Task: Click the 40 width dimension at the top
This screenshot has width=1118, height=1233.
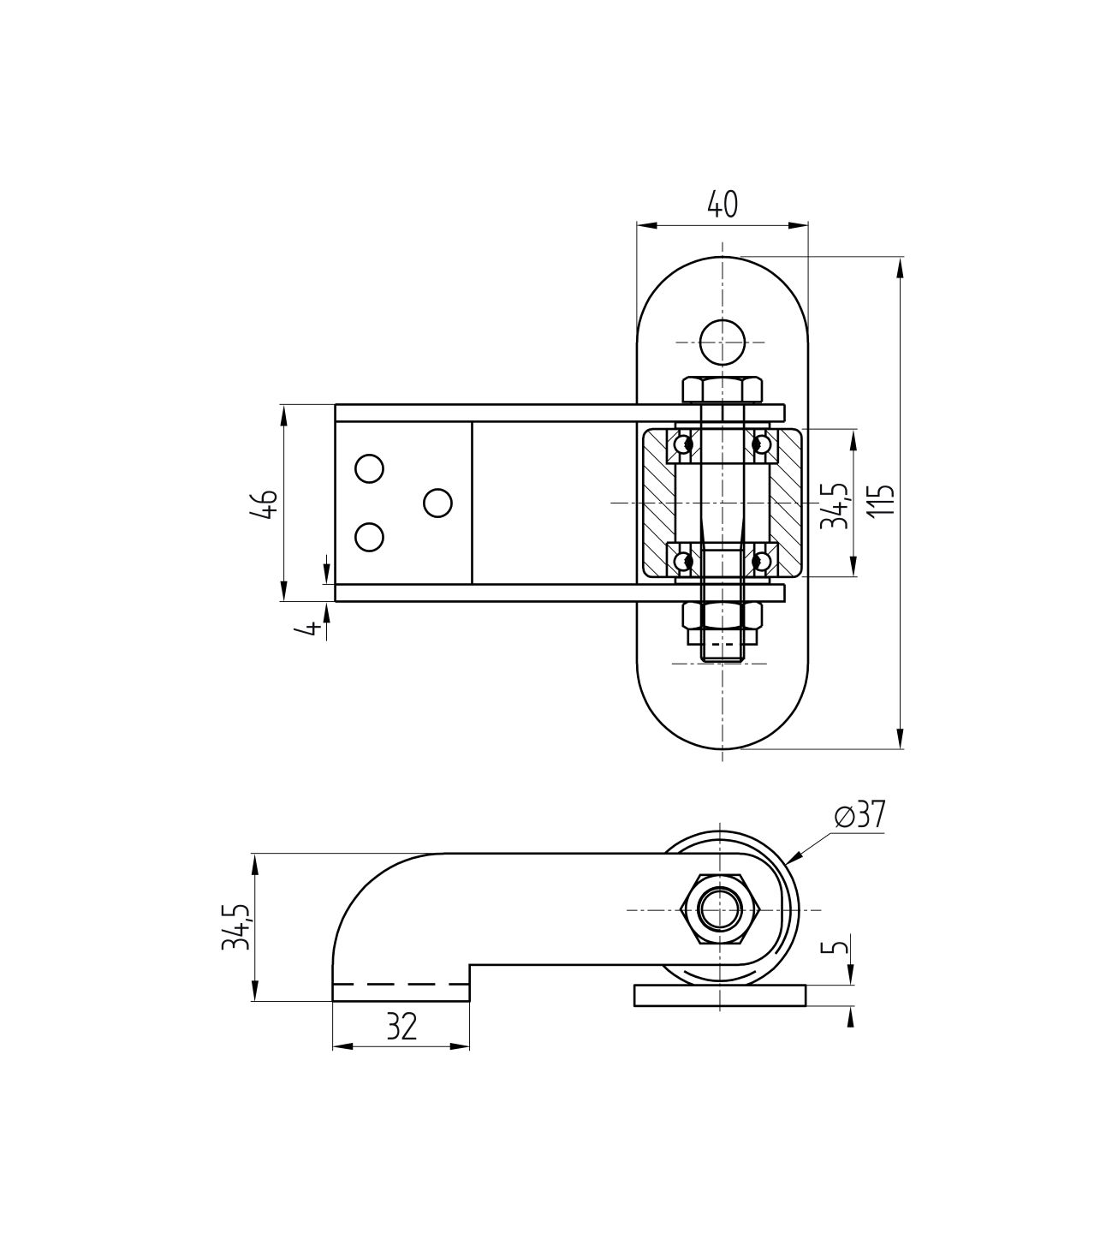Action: tap(722, 205)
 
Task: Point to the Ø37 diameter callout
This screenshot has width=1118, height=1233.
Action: tap(859, 816)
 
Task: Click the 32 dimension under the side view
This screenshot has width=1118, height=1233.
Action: tap(401, 1026)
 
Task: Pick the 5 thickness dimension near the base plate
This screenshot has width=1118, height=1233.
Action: tap(839, 948)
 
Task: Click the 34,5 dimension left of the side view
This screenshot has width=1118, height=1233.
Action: tap(235, 926)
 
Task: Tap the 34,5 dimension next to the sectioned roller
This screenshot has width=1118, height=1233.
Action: tap(834, 505)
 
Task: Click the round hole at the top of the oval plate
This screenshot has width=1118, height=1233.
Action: tap(722, 342)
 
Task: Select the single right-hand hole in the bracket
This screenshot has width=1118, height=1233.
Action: tap(437, 503)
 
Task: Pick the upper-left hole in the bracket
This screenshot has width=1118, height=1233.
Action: tap(369, 468)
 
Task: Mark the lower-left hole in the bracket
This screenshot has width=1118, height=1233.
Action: tap(369, 537)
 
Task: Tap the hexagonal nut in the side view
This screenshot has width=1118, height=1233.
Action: tap(723, 909)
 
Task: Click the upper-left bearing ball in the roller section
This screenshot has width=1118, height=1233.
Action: tap(684, 444)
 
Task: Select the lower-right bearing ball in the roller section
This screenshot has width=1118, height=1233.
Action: tap(759, 561)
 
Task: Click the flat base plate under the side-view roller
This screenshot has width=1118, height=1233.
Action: tap(720, 995)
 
